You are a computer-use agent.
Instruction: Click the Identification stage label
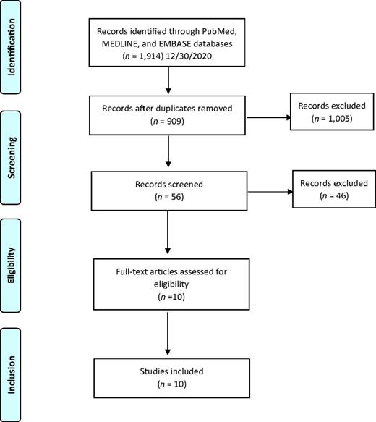coord(12,47)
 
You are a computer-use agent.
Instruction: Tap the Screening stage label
coord(12,158)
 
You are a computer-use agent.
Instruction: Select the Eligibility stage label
coord(12,266)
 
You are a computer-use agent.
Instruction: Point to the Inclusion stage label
coord(12,375)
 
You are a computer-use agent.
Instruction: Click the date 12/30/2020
coord(189,56)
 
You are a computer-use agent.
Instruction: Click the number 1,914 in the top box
coord(151,56)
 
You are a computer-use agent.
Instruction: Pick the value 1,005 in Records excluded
coord(339,119)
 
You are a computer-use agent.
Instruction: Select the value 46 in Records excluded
coord(341,195)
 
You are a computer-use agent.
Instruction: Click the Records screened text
coord(169,185)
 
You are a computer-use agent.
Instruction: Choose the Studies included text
coord(171,371)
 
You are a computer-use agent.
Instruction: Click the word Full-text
coord(132,271)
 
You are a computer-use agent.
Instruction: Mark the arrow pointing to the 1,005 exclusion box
coord(268,117)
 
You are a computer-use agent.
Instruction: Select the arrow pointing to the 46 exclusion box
coord(270,192)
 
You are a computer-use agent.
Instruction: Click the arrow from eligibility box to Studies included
coord(168,334)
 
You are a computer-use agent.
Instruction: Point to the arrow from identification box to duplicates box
coord(168,80)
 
